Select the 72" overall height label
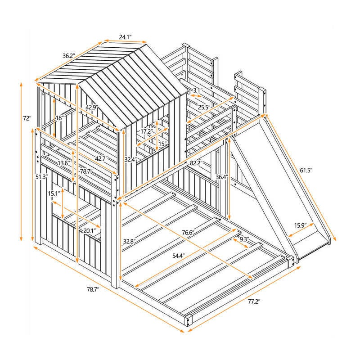point(27,118)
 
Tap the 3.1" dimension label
point(197,90)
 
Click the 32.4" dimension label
point(130,159)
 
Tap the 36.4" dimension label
point(220,176)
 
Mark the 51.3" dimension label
point(42,176)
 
